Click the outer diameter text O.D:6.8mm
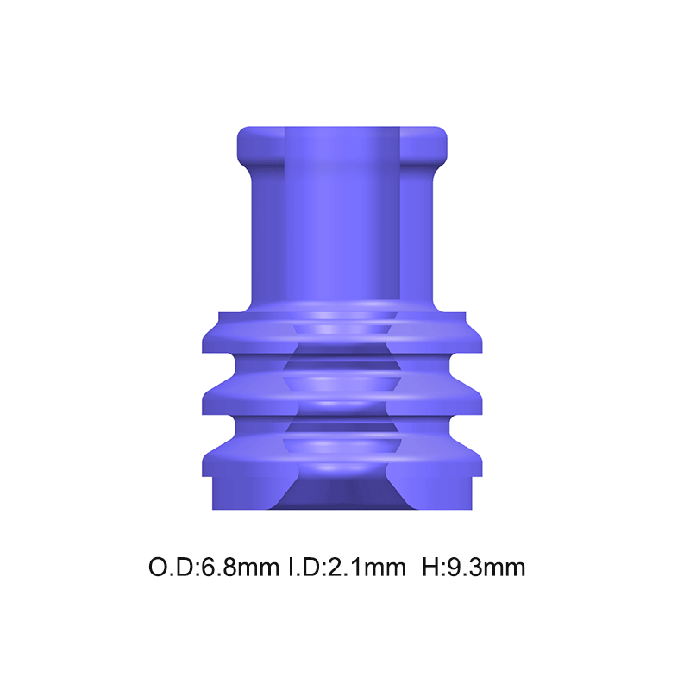[x=214, y=568]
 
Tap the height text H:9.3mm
[x=474, y=568]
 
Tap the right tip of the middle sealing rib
[x=478, y=399]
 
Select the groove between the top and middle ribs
[x=341, y=364]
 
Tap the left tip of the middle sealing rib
[x=208, y=399]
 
